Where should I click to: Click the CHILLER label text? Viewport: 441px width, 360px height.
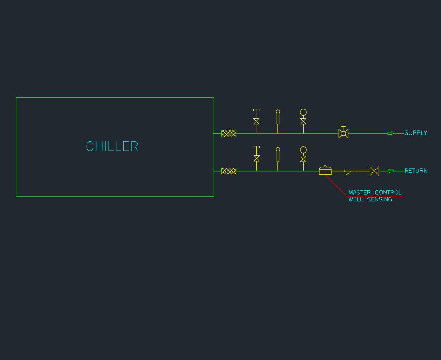tap(112, 146)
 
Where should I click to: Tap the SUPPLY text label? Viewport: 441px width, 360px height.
tap(416, 133)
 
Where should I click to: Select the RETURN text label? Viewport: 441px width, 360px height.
tap(416, 171)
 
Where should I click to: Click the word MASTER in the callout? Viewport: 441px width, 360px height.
tap(359, 193)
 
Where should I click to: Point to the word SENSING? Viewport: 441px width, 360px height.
tap(380, 199)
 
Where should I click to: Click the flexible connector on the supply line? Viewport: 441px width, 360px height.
tap(229, 133)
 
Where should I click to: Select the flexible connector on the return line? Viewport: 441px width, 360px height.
tap(229, 171)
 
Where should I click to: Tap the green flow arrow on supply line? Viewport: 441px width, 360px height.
tap(391, 133)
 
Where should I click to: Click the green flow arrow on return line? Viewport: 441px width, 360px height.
tap(391, 171)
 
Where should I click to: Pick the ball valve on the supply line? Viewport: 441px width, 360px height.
tap(343, 133)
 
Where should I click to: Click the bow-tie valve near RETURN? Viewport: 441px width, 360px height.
tap(374, 171)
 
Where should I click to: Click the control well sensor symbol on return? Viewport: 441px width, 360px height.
tap(325, 170)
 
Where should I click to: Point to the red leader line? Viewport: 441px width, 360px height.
tap(336, 185)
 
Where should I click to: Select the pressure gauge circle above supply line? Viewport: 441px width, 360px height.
tap(303, 112)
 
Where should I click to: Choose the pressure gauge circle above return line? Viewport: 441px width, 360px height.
tap(303, 150)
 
